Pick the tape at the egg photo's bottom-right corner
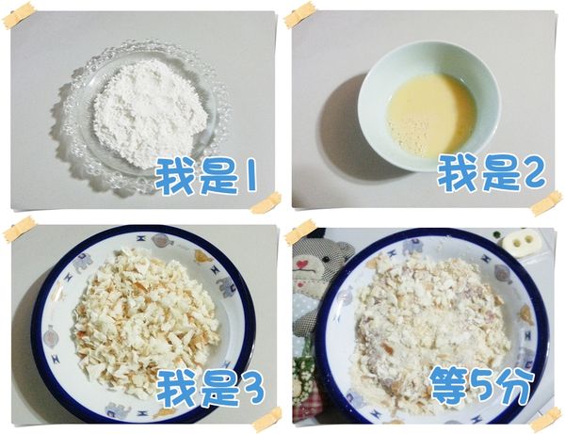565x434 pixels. click(x=545, y=202)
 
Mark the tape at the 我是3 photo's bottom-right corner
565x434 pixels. click(x=266, y=416)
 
